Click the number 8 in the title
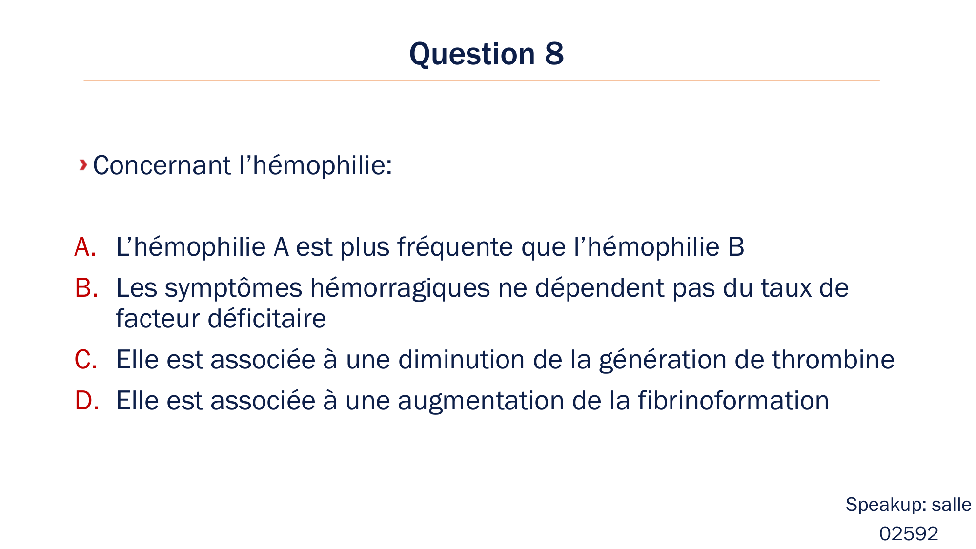coord(554,54)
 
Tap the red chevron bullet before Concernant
coord(83,165)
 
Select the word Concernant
coord(162,165)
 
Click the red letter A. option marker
coord(85,247)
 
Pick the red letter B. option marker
coord(86,288)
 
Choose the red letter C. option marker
coord(85,360)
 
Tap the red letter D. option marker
coord(86,401)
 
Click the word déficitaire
coord(267,319)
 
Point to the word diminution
coord(461,360)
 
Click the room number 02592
coord(909,533)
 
